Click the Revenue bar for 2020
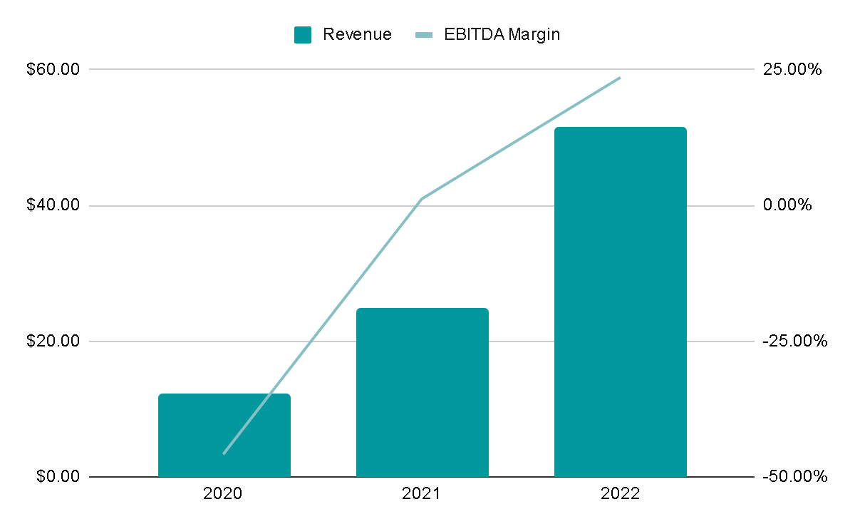[224, 435]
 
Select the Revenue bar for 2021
[423, 392]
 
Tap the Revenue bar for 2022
[621, 302]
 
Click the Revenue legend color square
[303, 35]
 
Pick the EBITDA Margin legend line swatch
[424, 35]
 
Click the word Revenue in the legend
[357, 34]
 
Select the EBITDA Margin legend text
[502, 34]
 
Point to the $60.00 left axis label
[53, 69]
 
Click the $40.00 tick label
[53, 205]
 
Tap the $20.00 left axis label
[53, 341]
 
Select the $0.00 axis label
[58, 476]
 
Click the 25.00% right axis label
[792, 69]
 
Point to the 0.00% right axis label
[787, 205]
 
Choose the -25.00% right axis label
[795, 341]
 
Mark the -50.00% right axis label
[795, 476]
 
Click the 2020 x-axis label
[222, 493]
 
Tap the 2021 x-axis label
[421, 493]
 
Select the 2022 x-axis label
[621, 493]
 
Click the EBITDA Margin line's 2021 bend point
[422, 199]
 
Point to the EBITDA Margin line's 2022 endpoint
[620, 78]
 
